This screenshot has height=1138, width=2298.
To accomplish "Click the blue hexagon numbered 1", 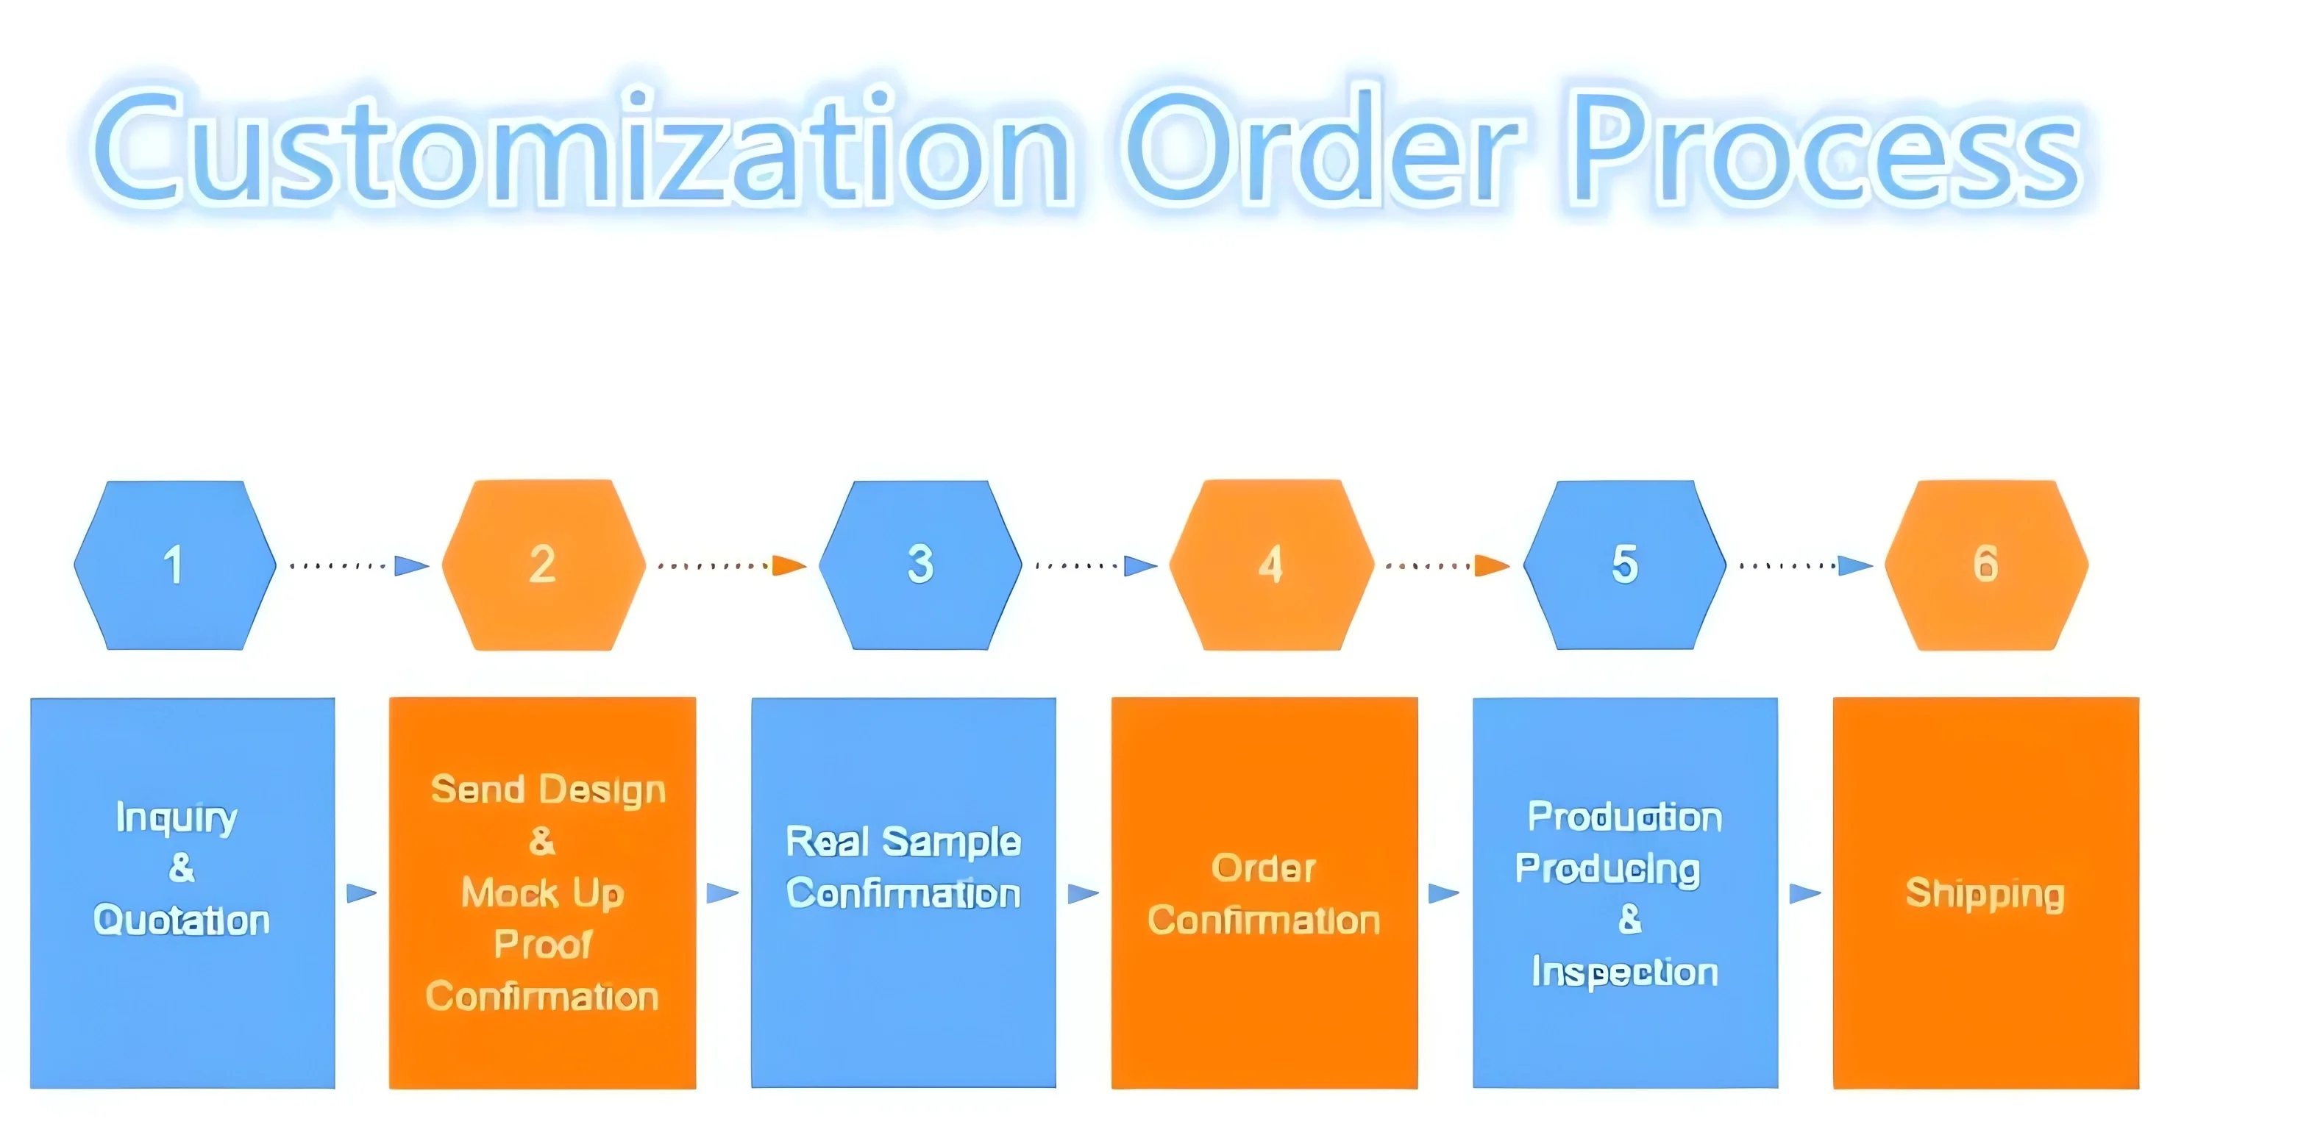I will click(175, 565).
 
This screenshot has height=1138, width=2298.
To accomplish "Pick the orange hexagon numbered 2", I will click(544, 565).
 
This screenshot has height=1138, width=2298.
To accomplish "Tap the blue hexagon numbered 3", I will click(919, 565).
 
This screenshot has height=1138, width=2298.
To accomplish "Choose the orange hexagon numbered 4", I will click(1270, 565).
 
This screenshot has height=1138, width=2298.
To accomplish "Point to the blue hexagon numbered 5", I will click(1624, 565).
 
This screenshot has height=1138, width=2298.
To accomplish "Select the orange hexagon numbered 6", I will click(1986, 565).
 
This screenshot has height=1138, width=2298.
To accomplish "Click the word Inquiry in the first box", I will click(177, 817).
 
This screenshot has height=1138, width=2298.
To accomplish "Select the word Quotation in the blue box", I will click(181, 920).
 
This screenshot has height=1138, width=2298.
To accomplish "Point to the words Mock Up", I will click(542, 892).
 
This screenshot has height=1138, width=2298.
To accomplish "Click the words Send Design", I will click(548, 790).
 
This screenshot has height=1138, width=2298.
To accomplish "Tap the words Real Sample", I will click(903, 842).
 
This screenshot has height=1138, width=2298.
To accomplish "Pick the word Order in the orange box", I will click(1263, 867).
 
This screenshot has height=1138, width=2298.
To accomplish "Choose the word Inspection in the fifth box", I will click(1624, 972).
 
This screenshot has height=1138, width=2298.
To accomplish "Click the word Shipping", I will click(1985, 892).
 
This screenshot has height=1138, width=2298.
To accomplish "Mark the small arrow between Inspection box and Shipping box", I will click(1804, 892).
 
